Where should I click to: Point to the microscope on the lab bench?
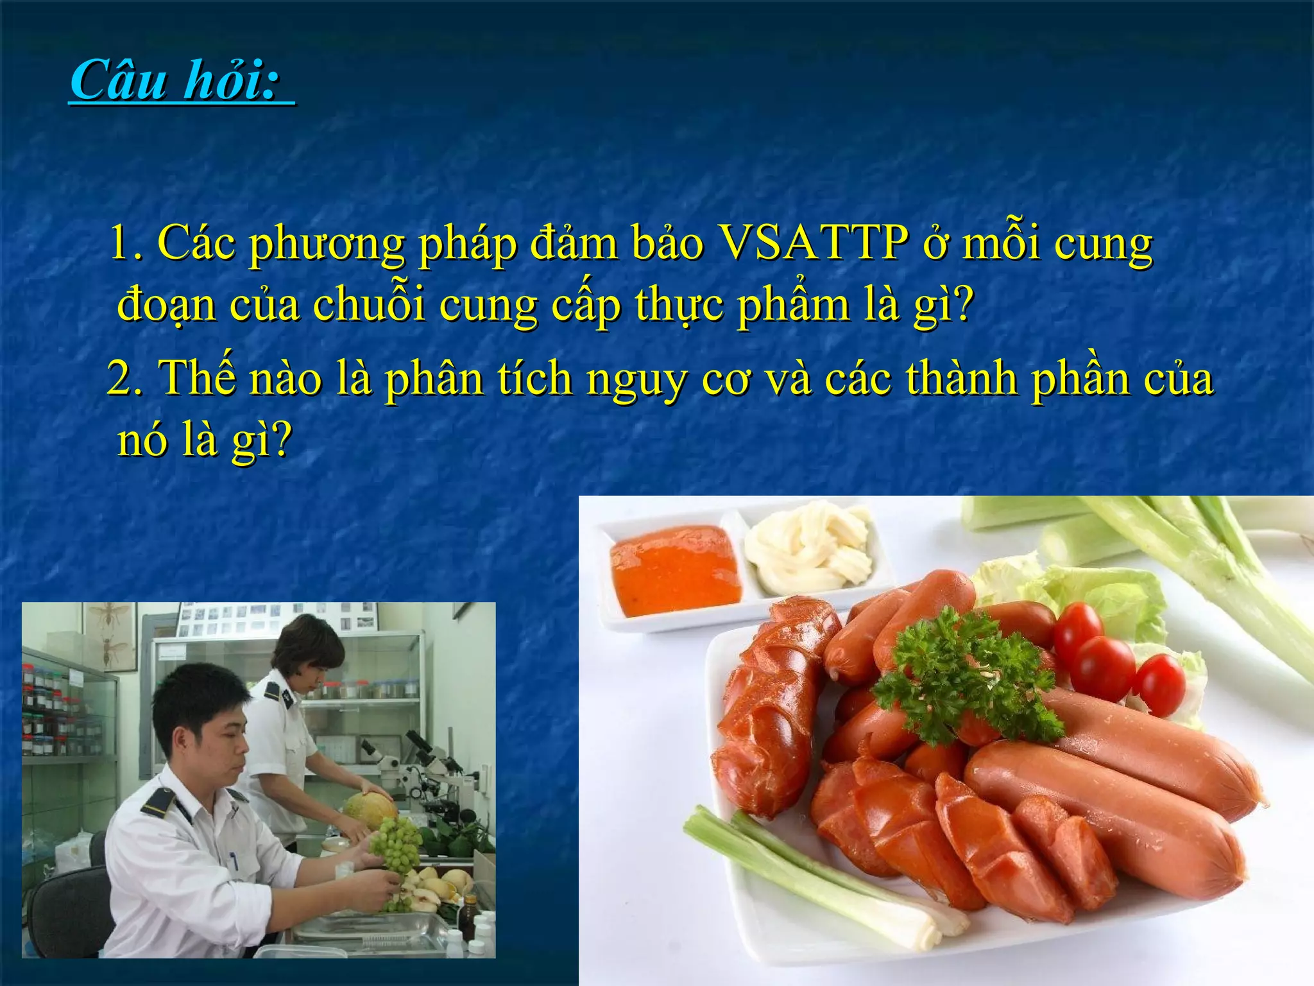click(430, 770)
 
